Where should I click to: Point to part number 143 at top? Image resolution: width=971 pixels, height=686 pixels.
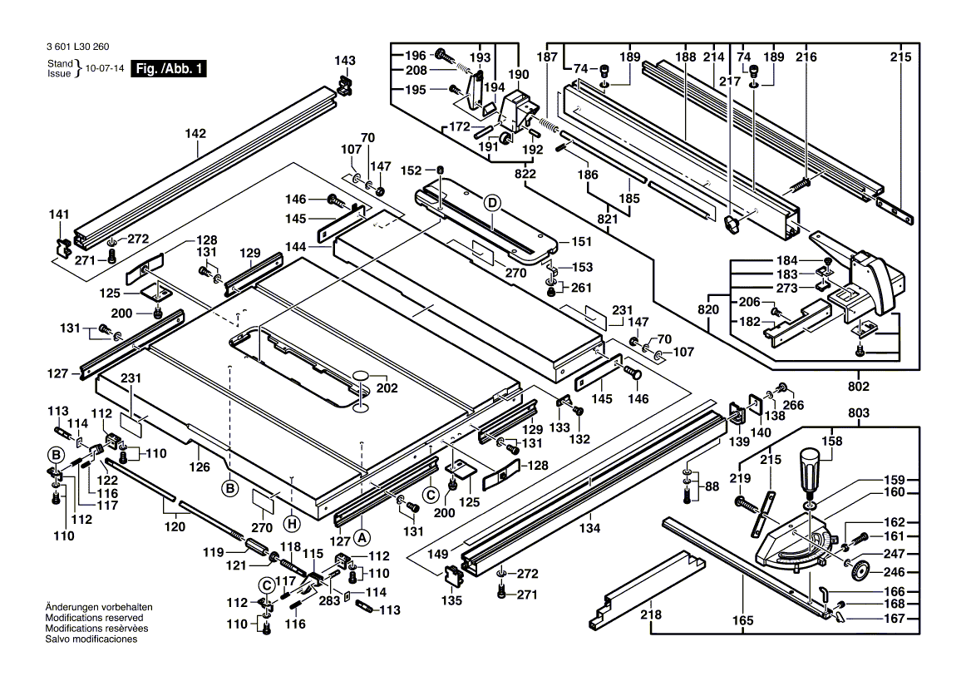click(x=344, y=61)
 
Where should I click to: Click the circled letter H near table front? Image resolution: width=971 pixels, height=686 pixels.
click(x=290, y=522)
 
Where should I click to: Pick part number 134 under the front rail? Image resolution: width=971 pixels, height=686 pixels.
click(x=589, y=528)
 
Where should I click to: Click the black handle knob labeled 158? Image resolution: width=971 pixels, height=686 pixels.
click(x=808, y=472)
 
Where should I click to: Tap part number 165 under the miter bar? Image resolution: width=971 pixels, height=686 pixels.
click(x=742, y=620)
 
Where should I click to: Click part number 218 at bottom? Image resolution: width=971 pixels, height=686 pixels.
click(x=651, y=615)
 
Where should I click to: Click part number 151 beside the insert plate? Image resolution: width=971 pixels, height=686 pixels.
click(x=581, y=242)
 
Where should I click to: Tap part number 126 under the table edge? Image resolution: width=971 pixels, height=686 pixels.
click(x=200, y=468)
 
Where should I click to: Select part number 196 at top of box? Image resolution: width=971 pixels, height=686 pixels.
click(x=415, y=56)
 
